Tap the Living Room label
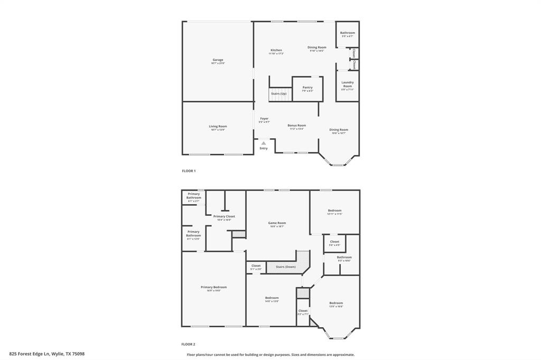(x=218, y=127)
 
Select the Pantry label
(x=307, y=88)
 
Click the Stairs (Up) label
(x=279, y=93)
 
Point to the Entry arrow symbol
(x=264, y=143)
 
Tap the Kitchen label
(x=276, y=51)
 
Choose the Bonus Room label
(x=296, y=126)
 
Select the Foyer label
(x=264, y=119)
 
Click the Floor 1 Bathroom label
(x=348, y=33)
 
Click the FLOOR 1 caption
(x=189, y=171)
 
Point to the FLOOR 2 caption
(x=189, y=344)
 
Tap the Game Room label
(x=277, y=223)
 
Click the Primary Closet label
(x=224, y=216)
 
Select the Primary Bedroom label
(x=213, y=288)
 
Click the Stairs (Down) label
(x=286, y=267)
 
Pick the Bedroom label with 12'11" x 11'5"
(x=334, y=211)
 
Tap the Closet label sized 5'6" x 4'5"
(x=334, y=242)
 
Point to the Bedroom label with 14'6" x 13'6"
(x=272, y=298)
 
